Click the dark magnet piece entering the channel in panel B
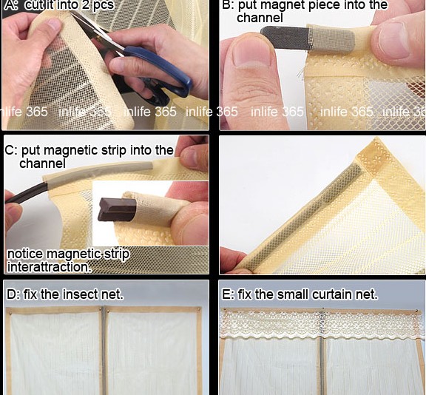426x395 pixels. point(285,38)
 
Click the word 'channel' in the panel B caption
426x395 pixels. point(260,18)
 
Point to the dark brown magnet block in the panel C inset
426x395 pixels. point(117,209)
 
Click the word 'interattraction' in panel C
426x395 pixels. point(48,267)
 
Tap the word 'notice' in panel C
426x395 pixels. point(25,254)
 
